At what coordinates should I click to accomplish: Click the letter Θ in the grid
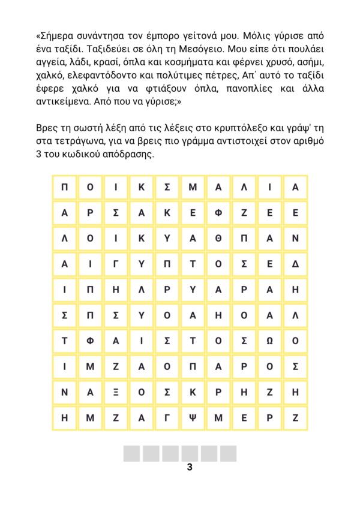(x=218, y=239)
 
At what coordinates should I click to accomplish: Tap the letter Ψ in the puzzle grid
(x=193, y=418)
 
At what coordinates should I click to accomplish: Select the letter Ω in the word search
(x=269, y=341)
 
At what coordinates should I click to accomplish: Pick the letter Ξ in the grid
(x=116, y=393)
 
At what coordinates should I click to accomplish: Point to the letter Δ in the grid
(x=295, y=264)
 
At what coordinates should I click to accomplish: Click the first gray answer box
(x=132, y=454)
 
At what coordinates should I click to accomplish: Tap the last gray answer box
(x=228, y=454)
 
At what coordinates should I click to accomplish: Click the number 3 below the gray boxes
(x=190, y=468)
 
